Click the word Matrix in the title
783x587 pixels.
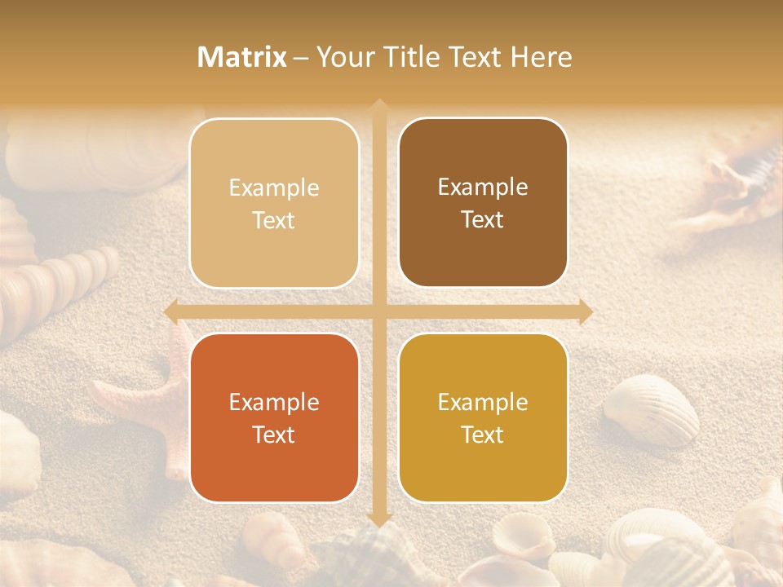(x=242, y=57)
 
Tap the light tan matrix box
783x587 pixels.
(x=274, y=203)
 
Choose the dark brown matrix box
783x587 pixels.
(x=483, y=202)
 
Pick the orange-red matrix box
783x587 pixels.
(x=274, y=417)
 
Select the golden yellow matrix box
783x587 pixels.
(x=483, y=417)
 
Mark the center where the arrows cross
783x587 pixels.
(x=378, y=311)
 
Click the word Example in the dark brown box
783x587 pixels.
(x=483, y=187)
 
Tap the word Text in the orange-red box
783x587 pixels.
(x=274, y=435)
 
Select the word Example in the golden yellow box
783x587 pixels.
(x=483, y=402)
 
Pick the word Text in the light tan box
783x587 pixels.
(x=274, y=220)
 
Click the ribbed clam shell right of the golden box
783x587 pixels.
(x=652, y=408)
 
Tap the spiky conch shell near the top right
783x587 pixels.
(x=734, y=179)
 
